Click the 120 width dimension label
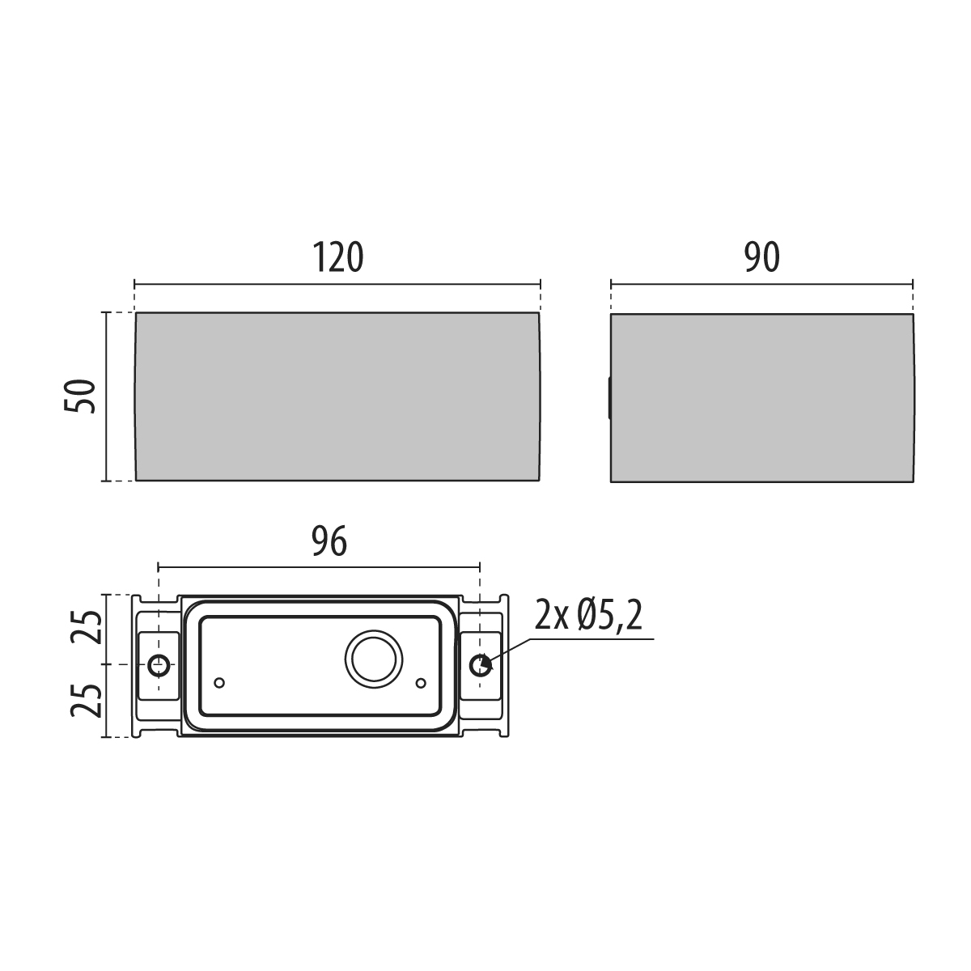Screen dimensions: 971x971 point(337,257)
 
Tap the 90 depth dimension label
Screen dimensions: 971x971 point(762,257)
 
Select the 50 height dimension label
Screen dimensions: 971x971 point(80,396)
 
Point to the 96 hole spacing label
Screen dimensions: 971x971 point(329,541)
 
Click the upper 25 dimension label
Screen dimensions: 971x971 point(86,627)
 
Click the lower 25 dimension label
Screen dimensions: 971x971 point(86,701)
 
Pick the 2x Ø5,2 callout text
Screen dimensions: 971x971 point(588,615)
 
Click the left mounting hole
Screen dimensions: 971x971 point(159,665)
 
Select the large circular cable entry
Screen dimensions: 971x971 point(374,659)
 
